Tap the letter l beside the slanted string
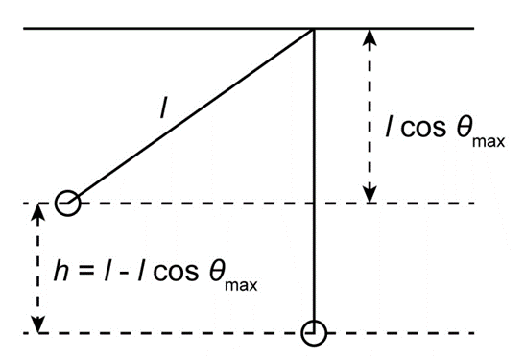(x=163, y=109)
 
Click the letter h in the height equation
(x=61, y=271)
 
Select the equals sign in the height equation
(x=86, y=272)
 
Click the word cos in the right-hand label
(x=423, y=129)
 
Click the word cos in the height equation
(x=176, y=273)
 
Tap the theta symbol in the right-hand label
(x=465, y=128)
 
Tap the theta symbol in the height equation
(x=217, y=272)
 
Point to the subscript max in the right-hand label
(x=489, y=142)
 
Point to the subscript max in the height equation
(x=241, y=285)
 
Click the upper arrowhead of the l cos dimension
(x=370, y=37)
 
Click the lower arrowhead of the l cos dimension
(x=370, y=195)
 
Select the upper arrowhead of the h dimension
(x=38, y=212)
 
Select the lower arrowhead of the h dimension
(x=38, y=324)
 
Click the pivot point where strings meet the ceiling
(x=314, y=29)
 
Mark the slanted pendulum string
(x=191, y=116)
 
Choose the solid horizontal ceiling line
(x=249, y=29)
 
